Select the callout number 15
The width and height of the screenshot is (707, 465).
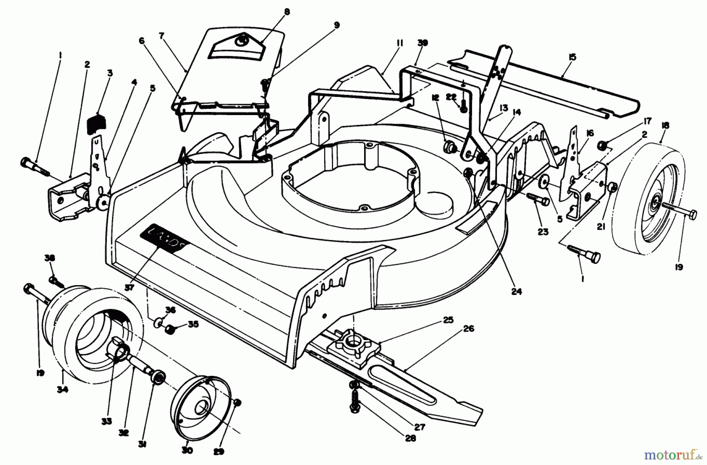572,57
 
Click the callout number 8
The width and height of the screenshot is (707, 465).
287,12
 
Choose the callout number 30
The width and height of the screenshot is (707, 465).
187,450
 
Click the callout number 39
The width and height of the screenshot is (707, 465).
423,42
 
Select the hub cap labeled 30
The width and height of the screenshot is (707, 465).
200,406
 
